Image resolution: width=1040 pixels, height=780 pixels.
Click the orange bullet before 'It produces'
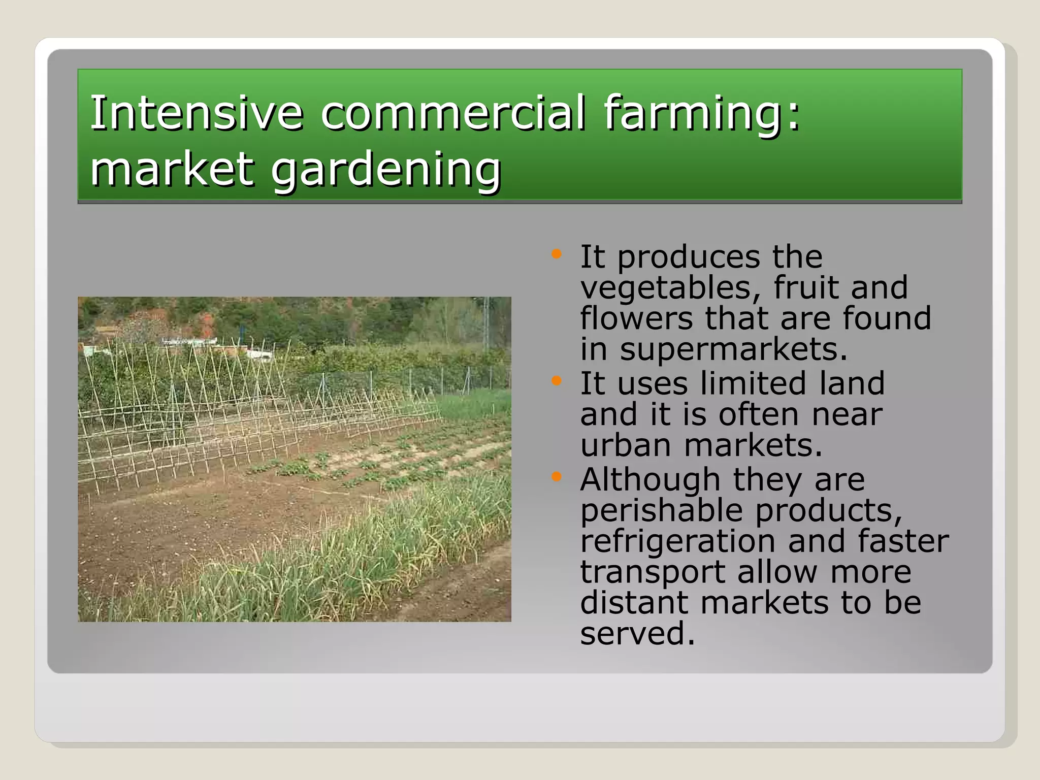point(557,254)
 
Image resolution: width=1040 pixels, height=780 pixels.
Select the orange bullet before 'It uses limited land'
point(557,380)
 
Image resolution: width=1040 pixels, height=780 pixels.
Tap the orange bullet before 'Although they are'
point(557,476)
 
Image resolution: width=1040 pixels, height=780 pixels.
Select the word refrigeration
point(677,541)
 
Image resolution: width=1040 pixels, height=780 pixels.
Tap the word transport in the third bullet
point(652,572)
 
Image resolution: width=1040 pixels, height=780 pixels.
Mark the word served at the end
point(637,634)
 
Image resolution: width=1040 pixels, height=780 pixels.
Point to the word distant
point(634,603)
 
